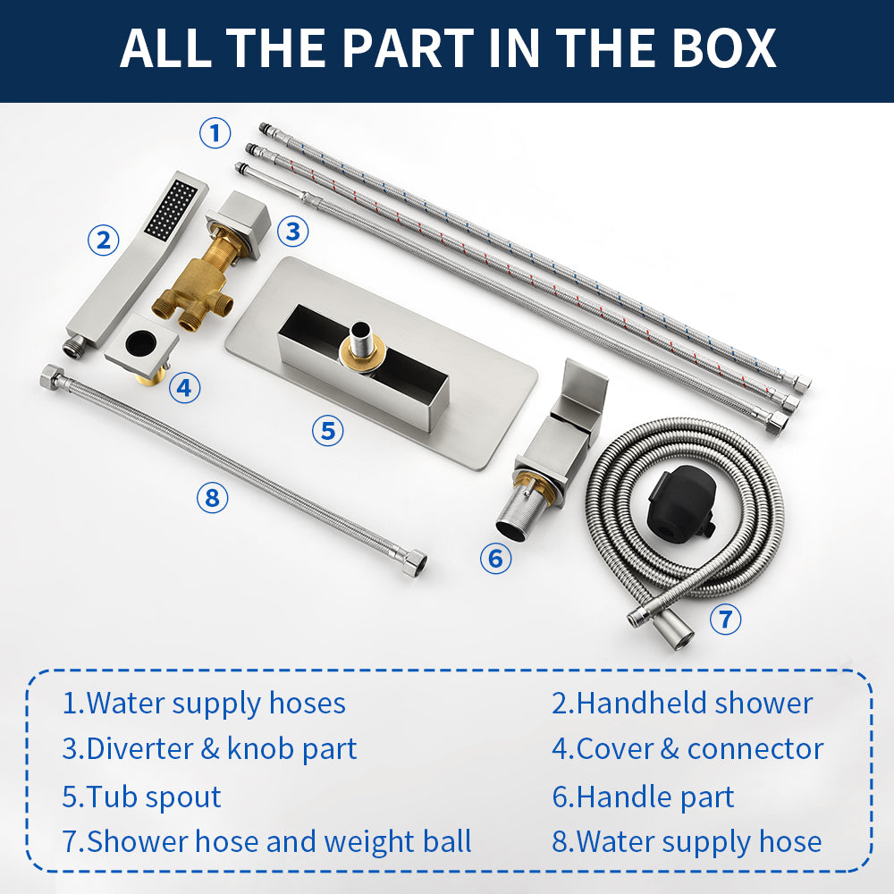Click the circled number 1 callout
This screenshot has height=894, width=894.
pos(215,133)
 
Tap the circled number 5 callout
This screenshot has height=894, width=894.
pos(328,431)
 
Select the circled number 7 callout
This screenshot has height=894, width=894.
pos(725,620)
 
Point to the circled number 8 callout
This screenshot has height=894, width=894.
pos(212,497)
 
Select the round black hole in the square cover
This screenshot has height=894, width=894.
pos(140,343)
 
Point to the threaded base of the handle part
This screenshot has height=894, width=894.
pos(516,513)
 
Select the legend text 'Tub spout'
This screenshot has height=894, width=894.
pos(154,797)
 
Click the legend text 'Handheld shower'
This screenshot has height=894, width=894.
pos(695,703)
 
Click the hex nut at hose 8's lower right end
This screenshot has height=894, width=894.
pos(414,561)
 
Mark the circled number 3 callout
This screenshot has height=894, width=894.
pos(293,232)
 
